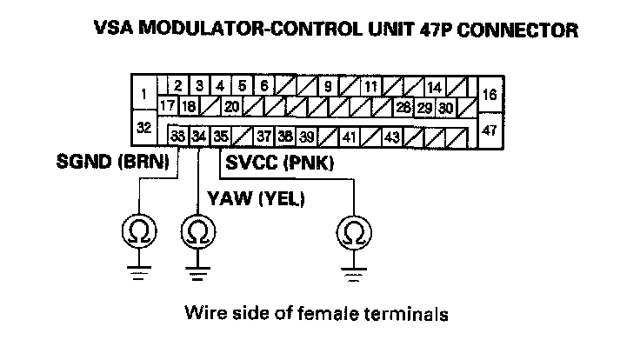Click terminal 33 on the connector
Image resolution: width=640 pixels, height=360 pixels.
pos(177,136)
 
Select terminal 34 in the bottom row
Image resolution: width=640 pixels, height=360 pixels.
pos(199,136)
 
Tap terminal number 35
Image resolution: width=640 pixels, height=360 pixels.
pos(221,136)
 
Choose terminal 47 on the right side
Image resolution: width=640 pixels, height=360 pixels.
pos(489,130)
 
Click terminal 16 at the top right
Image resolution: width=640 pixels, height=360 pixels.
pos(489,94)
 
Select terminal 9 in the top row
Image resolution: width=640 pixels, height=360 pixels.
pos(329,87)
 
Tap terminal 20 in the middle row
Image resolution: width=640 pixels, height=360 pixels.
pos(232,107)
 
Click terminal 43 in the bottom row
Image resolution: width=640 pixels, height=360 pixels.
pos(392,137)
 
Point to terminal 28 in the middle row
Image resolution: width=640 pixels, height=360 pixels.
pos(403,108)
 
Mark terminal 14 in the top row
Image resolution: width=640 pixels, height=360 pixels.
pos(434,87)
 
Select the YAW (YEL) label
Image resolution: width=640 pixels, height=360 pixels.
pos(254,199)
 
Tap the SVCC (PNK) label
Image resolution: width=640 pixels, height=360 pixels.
pos(280,162)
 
